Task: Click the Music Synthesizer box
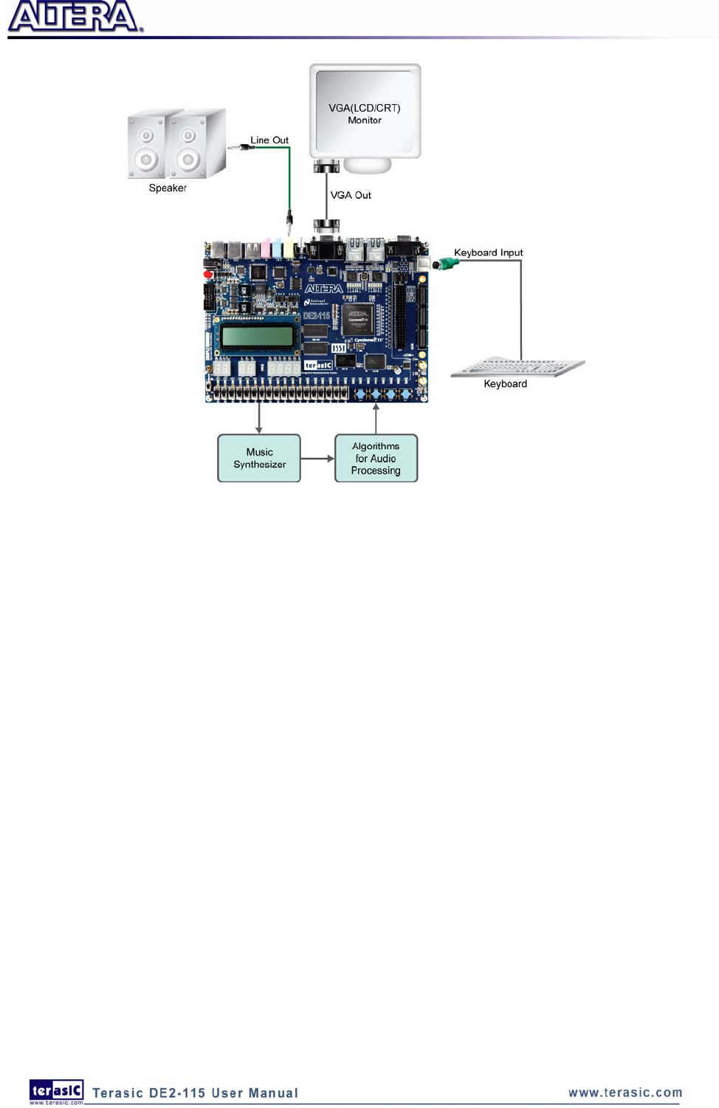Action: [259, 458]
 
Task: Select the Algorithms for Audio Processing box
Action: [376, 458]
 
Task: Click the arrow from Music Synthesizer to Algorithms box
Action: [317, 459]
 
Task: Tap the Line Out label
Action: [269, 140]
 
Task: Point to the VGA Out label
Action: [351, 195]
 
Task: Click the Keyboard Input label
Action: [488, 253]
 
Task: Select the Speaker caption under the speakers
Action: [168, 188]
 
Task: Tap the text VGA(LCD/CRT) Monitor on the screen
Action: [365, 114]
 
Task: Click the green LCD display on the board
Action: [257, 338]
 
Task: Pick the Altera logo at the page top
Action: [75, 17]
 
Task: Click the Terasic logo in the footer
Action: [56, 1090]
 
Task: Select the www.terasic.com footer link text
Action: [625, 1092]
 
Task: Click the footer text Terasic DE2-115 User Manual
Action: [195, 1093]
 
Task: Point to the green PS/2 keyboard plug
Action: [445, 264]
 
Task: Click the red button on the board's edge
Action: [208, 275]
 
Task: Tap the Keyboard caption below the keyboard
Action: [505, 383]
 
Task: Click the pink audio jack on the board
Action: [266, 249]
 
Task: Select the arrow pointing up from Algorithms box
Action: [376, 417]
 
